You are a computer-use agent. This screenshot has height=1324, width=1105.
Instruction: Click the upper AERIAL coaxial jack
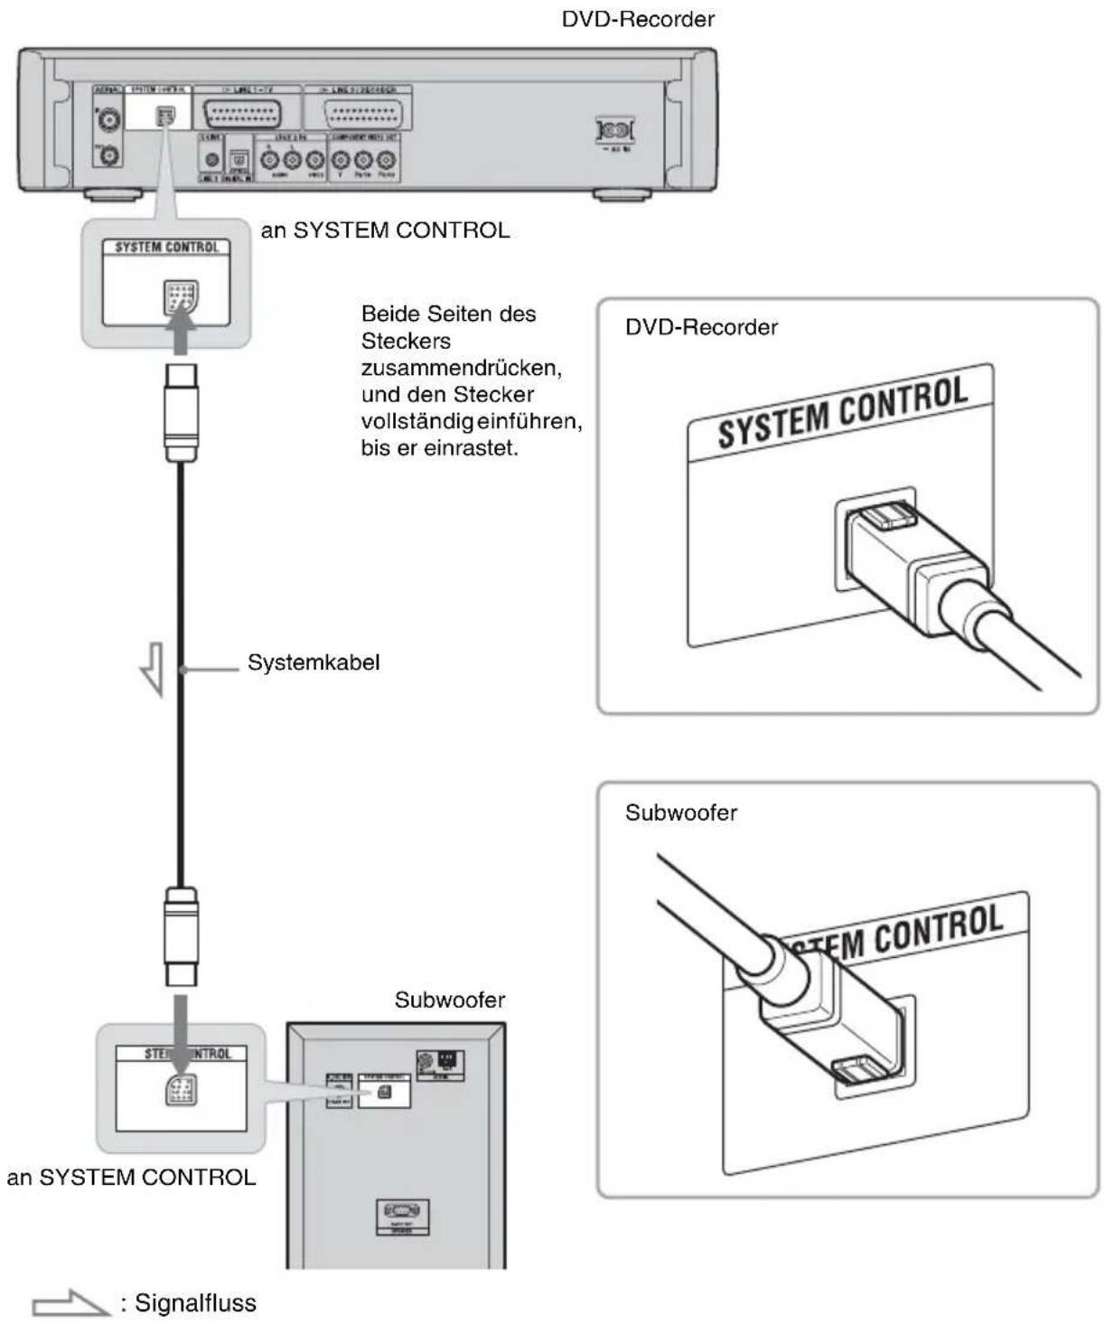pyautogui.click(x=110, y=119)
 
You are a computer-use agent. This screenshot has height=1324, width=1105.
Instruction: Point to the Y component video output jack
pyautogui.click(x=341, y=160)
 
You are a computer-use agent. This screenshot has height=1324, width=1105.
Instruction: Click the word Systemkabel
pyautogui.click(x=313, y=662)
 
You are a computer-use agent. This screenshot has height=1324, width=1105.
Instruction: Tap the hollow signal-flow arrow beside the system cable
pyautogui.click(x=153, y=668)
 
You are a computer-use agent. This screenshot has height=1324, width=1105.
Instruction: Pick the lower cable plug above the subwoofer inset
pyautogui.click(x=181, y=936)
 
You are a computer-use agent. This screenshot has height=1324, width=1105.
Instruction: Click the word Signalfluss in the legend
pyautogui.click(x=195, y=1303)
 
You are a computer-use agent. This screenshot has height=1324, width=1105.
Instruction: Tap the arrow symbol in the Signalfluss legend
pyautogui.click(x=70, y=1304)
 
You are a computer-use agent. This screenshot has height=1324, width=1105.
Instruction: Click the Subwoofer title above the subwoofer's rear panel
pyautogui.click(x=449, y=1000)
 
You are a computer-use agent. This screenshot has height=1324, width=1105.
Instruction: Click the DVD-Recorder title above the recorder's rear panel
pyautogui.click(x=638, y=19)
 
